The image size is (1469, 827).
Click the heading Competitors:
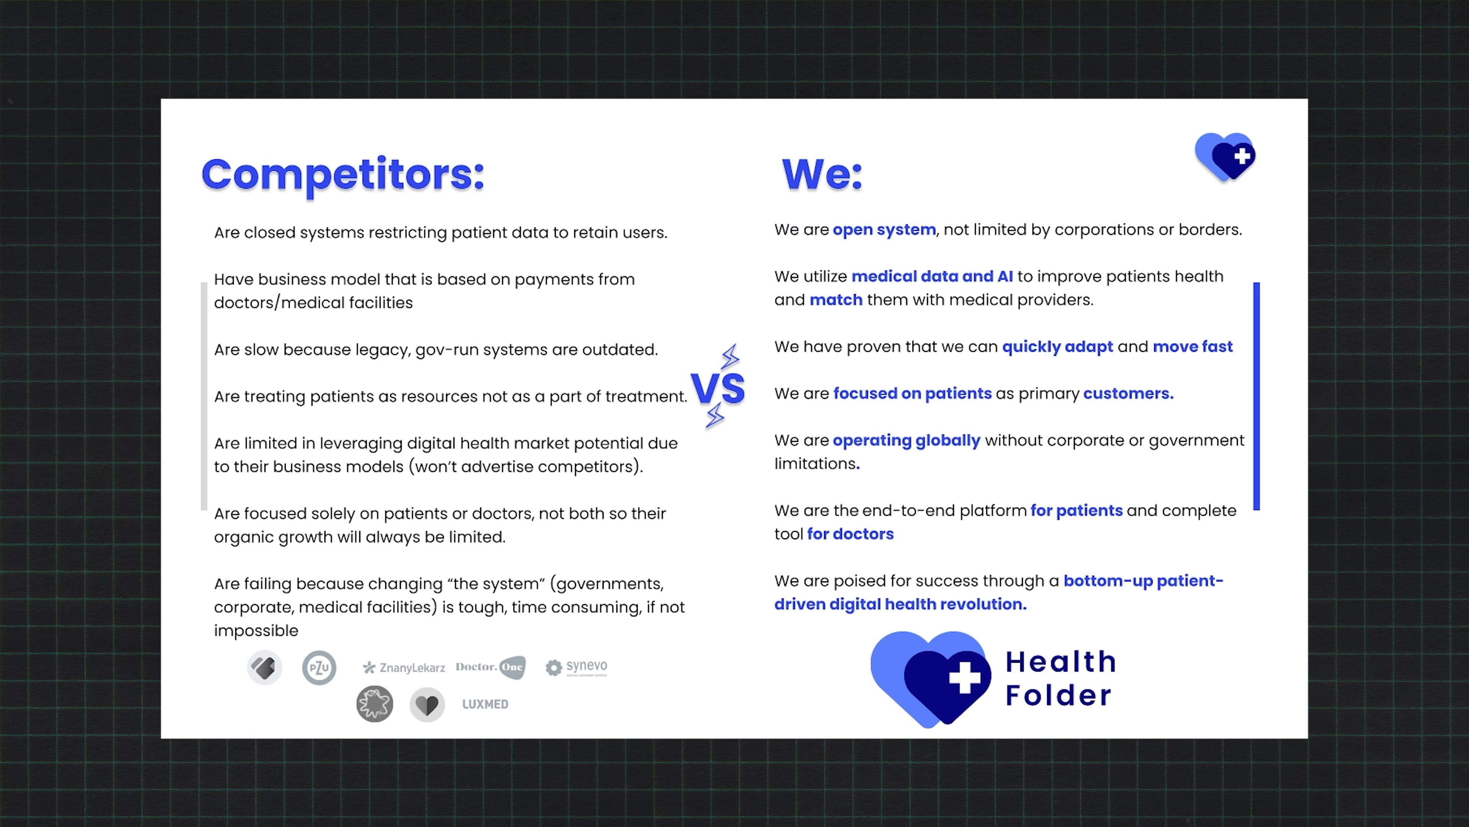click(343, 175)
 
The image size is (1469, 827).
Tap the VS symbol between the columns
click(717, 389)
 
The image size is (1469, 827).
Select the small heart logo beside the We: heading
click(1225, 157)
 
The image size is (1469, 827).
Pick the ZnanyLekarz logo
click(404, 667)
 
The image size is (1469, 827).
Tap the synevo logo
click(577, 667)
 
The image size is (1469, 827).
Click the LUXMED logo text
click(485, 704)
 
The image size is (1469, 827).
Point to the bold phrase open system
click(884, 229)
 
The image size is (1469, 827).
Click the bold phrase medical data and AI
click(932, 276)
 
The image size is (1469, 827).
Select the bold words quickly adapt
click(1057, 347)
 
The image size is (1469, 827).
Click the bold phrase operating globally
click(906, 441)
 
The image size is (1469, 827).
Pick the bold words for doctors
click(850, 534)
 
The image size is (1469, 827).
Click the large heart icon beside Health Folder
click(931, 679)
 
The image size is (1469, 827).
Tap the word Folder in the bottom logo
click(1059, 696)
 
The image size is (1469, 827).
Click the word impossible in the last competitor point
click(256, 631)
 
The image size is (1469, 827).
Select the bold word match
click(836, 300)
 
